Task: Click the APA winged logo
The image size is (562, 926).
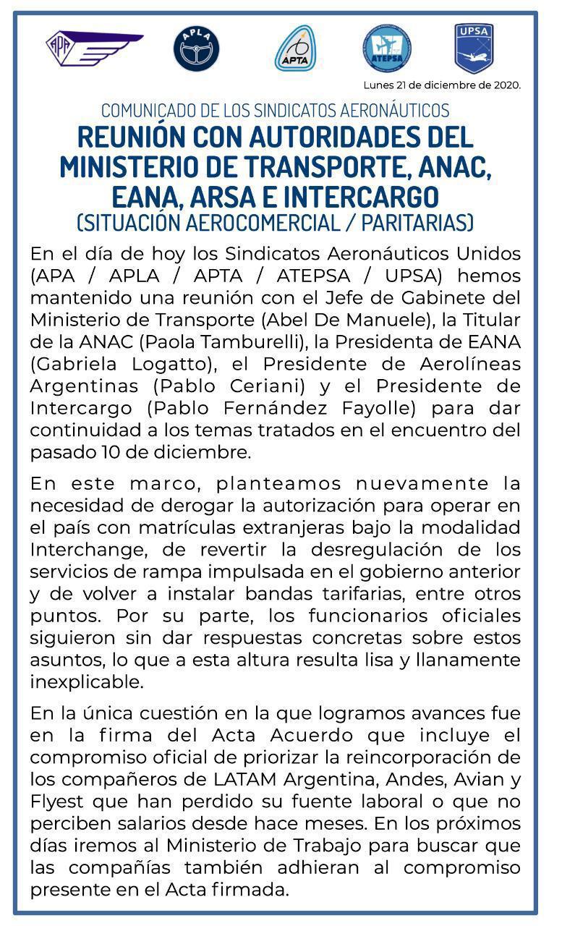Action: pos(94,48)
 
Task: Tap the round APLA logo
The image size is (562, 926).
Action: pos(196,48)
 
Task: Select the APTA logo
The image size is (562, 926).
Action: pos(295,48)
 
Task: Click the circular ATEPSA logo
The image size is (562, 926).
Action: pos(388,48)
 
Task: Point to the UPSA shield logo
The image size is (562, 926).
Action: pos(474,48)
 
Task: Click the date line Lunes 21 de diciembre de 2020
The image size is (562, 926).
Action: pos(442,85)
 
